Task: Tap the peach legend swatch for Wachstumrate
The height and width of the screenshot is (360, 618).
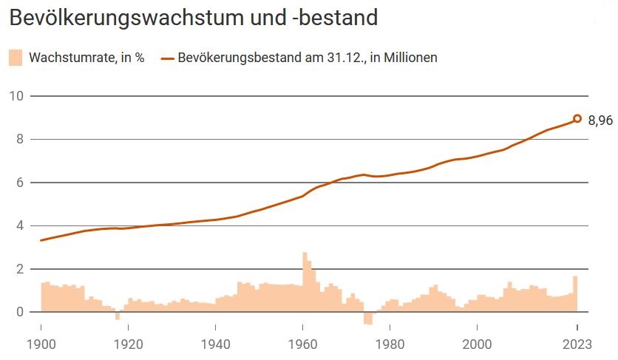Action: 16,58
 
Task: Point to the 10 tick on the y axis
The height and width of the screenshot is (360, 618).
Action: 17,96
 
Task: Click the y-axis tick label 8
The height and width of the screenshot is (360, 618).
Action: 20,139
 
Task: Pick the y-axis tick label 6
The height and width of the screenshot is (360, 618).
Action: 20,183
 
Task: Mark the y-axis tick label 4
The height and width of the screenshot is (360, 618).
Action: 20,225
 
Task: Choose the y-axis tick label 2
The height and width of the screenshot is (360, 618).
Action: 20,269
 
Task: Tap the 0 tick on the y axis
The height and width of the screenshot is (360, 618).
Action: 20,312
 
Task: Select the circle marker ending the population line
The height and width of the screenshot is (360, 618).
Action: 577,118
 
